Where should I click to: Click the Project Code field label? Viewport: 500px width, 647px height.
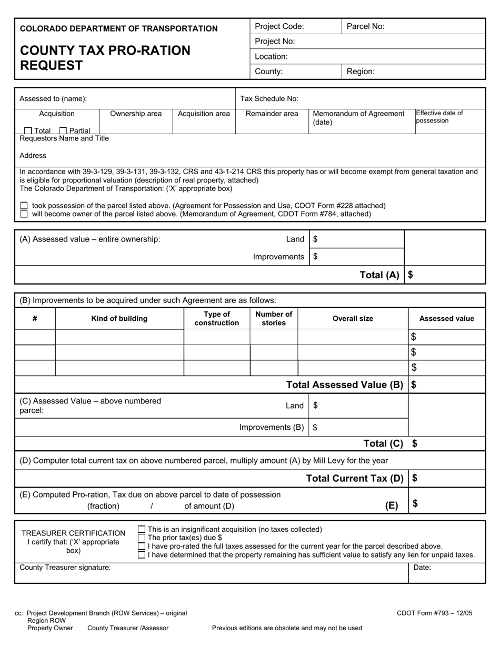pyautogui.click(x=279, y=26)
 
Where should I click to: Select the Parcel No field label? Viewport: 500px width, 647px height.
pyautogui.click(x=365, y=26)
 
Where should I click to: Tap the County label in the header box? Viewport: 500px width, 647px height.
pyautogui.click(x=268, y=72)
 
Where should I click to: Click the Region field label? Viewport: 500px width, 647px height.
pyautogui.click(x=361, y=72)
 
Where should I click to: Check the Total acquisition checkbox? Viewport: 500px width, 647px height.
pyautogui.click(x=28, y=130)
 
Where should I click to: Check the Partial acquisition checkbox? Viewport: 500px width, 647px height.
pyautogui.click(x=63, y=130)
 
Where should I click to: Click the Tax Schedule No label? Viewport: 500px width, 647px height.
pyautogui.click(x=269, y=98)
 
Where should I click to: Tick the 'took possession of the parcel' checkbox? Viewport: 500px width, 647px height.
pyautogui.click(x=24, y=206)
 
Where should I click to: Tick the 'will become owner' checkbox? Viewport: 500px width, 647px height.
pyautogui.click(x=24, y=214)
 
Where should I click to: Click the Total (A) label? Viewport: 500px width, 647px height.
pyautogui.click(x=379, y=275)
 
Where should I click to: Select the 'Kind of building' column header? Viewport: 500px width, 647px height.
pyautogui.click(x=119, y=318)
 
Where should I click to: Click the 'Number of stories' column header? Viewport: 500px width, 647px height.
pyautogui.click(x=274, y=318)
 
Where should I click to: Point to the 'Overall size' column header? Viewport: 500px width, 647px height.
pyautogui.click(x=353, y=318)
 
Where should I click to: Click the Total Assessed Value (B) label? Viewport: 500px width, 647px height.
pyautogui.click(x=344, y=385)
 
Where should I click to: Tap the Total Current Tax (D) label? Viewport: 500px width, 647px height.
pyautogui.click(x=355, y=478)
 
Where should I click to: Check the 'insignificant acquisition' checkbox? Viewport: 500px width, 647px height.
pyautogui.click(x=141, y=529)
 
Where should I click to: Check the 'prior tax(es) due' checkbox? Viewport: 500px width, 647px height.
pyautogui.click(x=141, y=538)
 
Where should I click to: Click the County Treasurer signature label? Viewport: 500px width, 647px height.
pyautogui.click(x=65, y=568)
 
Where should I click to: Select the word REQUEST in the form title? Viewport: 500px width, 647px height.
pyautogui.click(x=51, y=65)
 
